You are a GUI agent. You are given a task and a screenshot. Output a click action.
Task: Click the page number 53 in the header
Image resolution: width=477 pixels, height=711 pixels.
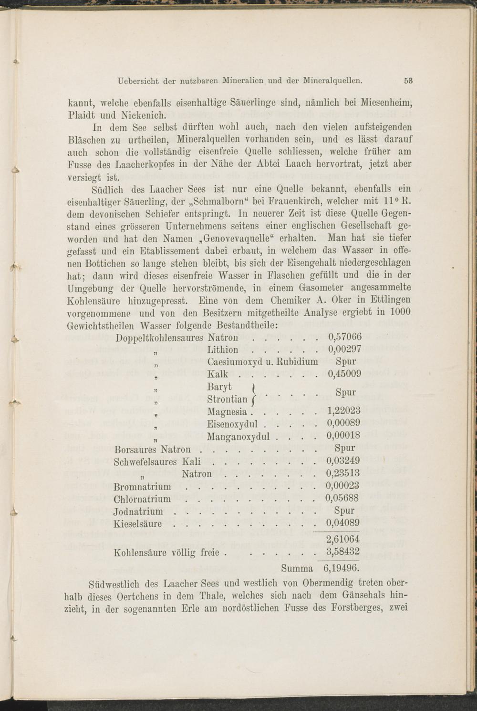pyautogui.click(x=408, y=81)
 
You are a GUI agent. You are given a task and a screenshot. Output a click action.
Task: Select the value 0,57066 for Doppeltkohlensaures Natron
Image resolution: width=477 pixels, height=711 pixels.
pyautogui.click(x=345, y=337)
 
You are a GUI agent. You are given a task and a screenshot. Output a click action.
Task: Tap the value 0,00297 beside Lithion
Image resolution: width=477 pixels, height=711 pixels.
pyautogui.click(x=345, y=350)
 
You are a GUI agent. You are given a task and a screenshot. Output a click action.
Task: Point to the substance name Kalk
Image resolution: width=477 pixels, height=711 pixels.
pyautogui.click(x=218, y=374)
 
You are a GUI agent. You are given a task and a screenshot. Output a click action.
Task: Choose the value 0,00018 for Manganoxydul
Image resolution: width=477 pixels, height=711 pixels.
pyautogui.click(x=343, y=436)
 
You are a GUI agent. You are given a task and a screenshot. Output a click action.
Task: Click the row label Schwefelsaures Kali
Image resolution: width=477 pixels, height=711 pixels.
pyautogui.click(x=157, y=461)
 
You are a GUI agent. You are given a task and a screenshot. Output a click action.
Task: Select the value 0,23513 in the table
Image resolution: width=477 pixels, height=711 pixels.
pyautogui.click(x=343, y=473)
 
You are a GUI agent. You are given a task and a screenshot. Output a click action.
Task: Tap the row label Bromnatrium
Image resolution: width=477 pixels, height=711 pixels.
pyautogui.click(x=143, y=486)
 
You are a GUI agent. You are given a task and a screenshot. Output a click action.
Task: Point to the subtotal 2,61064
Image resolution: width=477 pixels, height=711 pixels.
pyautogui.click(x=342, y=540)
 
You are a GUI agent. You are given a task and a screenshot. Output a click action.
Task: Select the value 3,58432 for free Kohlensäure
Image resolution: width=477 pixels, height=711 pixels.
pyautogui.click(x=342, y=552)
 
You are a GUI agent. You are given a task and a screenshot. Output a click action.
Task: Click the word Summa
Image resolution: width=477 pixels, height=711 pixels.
pyautogui.click(x=297, y=569)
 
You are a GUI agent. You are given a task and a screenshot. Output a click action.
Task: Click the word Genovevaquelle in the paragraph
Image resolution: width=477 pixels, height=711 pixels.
pyautogui.click(x=236, y=238)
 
